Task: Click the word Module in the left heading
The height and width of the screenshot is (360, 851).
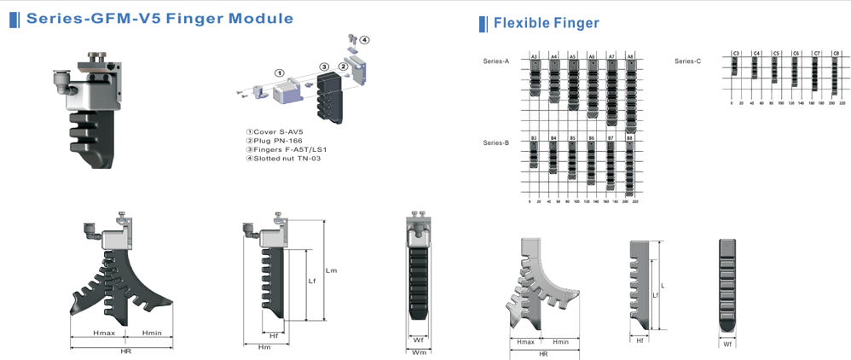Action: tap(257, 18)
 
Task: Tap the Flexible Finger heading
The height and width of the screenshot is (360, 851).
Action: tap(546, 23)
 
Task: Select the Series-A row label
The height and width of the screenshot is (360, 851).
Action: tap(495, 61)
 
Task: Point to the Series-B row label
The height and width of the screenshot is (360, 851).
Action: tap(495, 142)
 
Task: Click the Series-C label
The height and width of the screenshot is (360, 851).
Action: tap(687, 61)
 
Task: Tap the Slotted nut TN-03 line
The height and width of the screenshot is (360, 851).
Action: tap(284, 159)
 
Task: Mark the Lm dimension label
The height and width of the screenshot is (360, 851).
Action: tap(332, 270)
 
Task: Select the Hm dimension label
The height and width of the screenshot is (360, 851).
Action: tap(263, 345)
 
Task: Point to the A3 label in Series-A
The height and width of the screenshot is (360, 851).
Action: tap(534, 57)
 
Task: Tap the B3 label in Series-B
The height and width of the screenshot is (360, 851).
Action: tap(534, 137)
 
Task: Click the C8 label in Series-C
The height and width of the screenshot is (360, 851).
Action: tap(836, 54)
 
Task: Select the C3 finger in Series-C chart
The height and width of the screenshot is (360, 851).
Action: tap(735, 67)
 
